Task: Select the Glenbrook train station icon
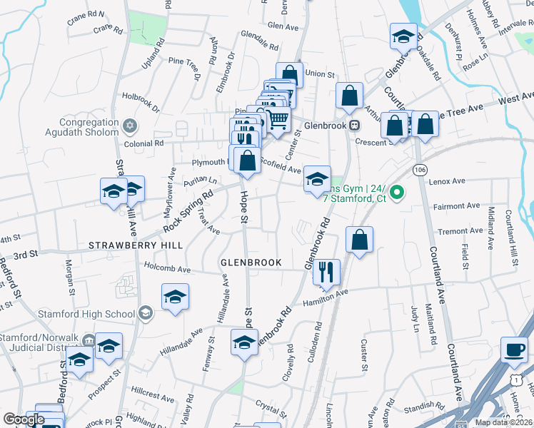tap(353, 124)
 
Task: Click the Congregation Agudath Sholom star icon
tap(129, 126)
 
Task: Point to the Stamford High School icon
tap(145, 313)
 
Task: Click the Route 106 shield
tap(420, 169)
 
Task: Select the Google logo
tap(24, 419)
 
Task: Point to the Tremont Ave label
tap(460, 231)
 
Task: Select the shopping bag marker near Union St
tap(289, 74)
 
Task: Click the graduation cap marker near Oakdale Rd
tap(403, 36)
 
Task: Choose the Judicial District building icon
tap(88, 339)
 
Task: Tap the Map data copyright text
tap(503, 422)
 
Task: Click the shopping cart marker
tap(278, 119)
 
